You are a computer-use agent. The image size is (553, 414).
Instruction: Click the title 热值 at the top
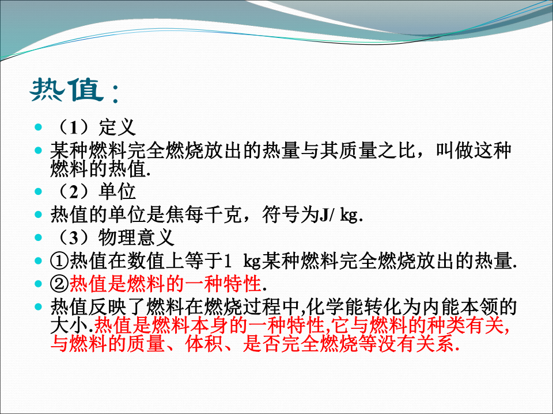tap(67, 90)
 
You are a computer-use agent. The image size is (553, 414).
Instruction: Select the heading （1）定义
tap(93, 127)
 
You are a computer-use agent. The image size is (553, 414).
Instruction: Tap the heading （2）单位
tap(93, 191)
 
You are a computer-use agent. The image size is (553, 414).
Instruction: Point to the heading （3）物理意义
tap(112, 237)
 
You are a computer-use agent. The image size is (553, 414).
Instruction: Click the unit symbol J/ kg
tap(339, 214)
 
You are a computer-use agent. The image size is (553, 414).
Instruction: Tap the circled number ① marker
tap(59, 261)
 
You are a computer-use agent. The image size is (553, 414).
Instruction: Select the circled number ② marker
tap(59, 283)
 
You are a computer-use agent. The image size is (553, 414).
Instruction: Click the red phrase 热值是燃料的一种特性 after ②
tap(165, 283)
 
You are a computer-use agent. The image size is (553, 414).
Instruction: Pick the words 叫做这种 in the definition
tap(474, 151)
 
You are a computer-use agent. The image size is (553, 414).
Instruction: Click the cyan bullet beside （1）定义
tap(39, 127)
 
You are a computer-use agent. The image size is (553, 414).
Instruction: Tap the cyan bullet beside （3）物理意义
tap(39, 237)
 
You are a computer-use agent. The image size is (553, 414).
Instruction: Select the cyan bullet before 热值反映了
tap(39, 307)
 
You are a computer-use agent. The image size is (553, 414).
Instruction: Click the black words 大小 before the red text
tap(69, 325)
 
